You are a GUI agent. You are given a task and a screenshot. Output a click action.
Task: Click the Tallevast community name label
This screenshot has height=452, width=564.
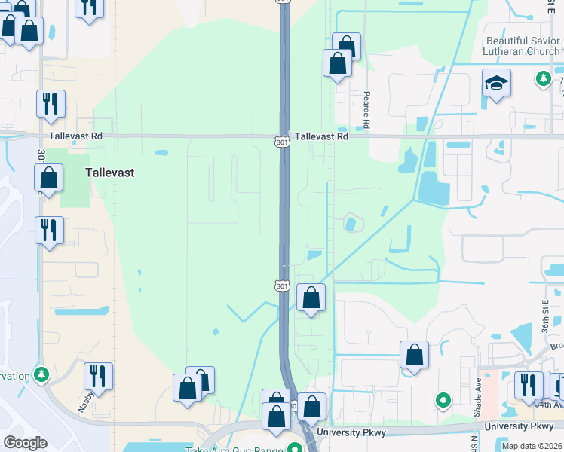[110, 173]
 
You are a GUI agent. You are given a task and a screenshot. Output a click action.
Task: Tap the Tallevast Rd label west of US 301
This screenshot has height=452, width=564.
[75, 137]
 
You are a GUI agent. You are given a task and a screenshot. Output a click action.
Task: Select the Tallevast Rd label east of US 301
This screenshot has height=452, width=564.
[321, 137]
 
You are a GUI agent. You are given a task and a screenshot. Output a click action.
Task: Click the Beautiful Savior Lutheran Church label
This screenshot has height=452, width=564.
[523, 46]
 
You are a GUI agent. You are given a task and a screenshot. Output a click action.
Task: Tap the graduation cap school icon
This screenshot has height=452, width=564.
[497, 83]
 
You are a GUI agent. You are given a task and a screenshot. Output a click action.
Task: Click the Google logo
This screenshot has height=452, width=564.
[25, 442]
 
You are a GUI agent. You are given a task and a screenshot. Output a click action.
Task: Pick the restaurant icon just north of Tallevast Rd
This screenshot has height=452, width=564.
[51, 104]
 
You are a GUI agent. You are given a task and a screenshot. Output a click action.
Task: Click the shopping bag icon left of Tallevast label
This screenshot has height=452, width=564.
[49, 179]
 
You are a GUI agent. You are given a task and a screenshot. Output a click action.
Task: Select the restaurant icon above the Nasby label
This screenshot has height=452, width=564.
[98, 376]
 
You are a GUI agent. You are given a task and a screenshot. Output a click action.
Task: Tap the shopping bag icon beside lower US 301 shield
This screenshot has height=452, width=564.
[311, 298]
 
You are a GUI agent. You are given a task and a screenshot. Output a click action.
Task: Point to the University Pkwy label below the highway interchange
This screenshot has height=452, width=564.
[351, 432]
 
